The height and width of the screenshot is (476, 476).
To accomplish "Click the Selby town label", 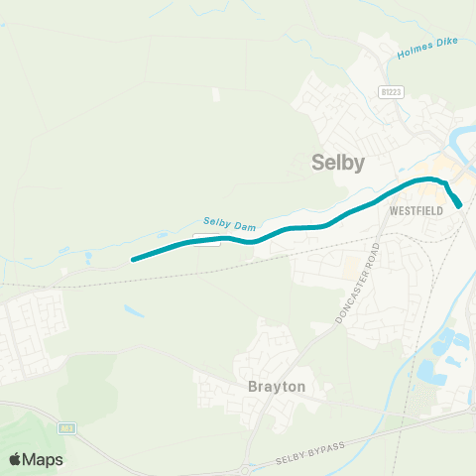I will tap(338, 163).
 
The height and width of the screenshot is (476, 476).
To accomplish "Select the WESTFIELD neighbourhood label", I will tap(415, 211).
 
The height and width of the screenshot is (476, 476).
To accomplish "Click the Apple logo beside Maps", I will tap(15, 460).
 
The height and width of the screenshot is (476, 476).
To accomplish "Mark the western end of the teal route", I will tap(133, 261).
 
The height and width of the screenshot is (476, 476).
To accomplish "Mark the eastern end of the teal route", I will tap(460, 205).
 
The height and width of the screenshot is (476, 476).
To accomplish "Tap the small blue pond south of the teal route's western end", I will tap(133, 310).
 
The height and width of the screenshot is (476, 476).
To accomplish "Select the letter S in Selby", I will tap(318, 163).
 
